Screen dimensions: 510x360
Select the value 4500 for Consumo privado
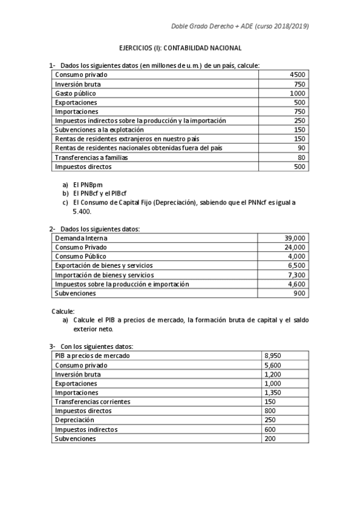[x=297, y=75]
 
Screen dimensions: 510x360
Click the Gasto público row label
[x=75, y=93]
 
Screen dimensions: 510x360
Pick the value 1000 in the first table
[x=297, y=93]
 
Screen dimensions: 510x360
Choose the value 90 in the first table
[x=301, y=148]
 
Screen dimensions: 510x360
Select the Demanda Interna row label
[x=81, y=238]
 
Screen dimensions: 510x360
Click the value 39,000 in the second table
[x=294, y=238]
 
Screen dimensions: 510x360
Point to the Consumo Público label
[x=79, y=256]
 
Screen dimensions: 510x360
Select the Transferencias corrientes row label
[x=92, y=402]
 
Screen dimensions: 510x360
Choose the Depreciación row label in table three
[x=75, y=420]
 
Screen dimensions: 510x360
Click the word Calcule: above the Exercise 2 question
[x=63, y=311]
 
